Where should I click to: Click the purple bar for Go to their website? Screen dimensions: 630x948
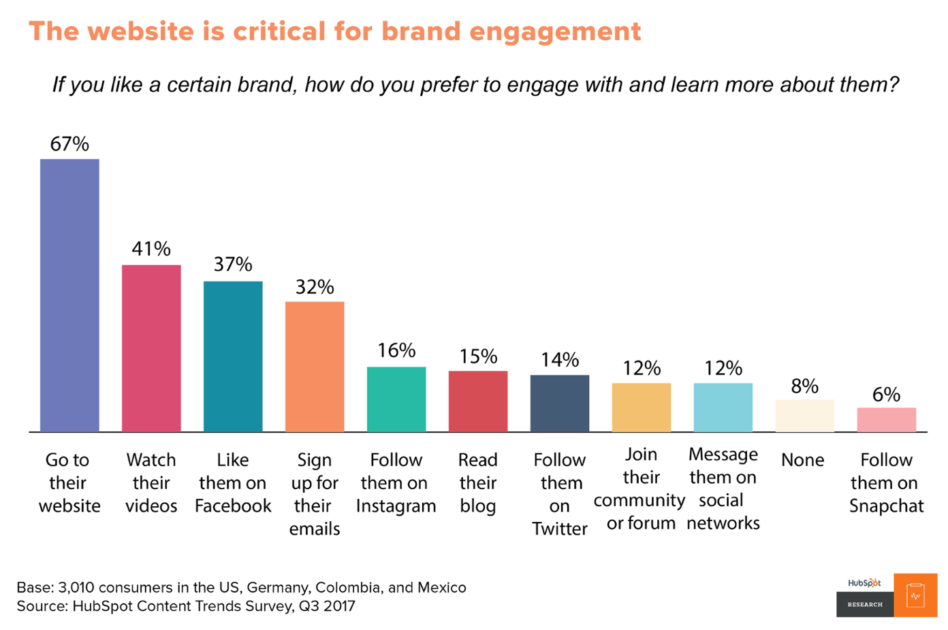point(69,295)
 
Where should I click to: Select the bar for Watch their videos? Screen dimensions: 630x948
point(151,348)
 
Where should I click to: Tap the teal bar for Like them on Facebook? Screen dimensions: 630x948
point(233,357)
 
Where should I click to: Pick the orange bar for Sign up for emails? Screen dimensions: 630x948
point(315,367)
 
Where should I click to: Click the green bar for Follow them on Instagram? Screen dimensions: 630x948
point(396,399)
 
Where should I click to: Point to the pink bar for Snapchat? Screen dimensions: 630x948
point(886,420)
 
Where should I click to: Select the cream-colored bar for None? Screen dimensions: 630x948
point(804,416)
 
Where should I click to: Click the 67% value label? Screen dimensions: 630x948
point(69,144)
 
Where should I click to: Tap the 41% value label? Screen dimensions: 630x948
point(151,249)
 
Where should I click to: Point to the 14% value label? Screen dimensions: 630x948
point(560,360)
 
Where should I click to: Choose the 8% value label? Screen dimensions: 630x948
point(804,386)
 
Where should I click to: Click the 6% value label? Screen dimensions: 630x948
point(886,395)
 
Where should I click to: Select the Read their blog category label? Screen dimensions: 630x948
point(478,483)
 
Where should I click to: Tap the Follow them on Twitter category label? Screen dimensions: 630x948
point(560,495)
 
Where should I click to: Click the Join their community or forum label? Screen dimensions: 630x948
point(640,488)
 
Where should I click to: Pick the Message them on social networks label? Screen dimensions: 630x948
point(723,488)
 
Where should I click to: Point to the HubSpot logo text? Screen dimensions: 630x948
point(864,583)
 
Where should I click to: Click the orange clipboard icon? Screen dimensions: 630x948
point(915,595)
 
